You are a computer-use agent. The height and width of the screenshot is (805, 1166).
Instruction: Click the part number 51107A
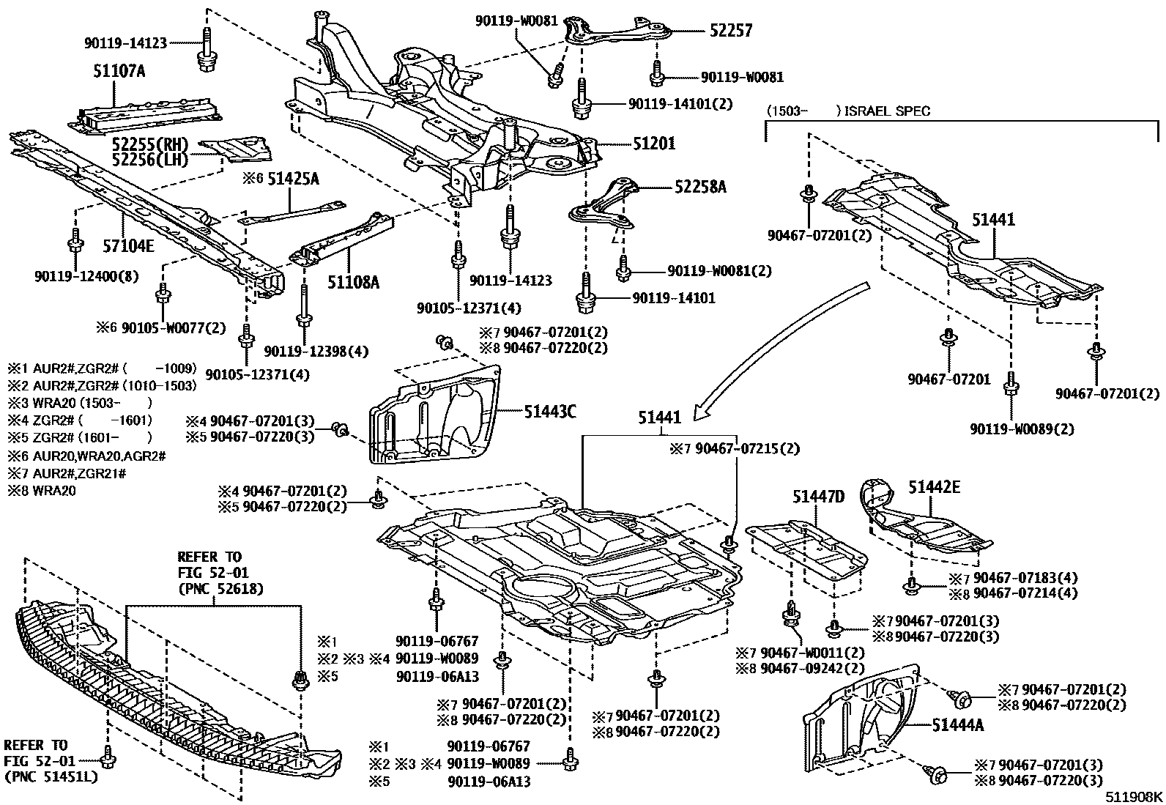[119, 71]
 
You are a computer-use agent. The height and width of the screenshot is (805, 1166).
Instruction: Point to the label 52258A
[700, 187]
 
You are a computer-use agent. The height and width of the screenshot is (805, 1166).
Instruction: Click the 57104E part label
[127, 246]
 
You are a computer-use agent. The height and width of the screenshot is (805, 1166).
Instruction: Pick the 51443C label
[549, 412]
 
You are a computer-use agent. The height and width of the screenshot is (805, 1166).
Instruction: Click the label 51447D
[818, 497]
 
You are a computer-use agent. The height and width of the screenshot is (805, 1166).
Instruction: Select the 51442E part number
[935, 486]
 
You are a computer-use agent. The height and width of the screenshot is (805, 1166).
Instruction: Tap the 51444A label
[958, 725]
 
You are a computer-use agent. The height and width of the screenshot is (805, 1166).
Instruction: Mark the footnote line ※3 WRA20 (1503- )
[81, 403]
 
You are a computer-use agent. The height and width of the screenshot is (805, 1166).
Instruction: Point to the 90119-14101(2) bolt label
[680, 104]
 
